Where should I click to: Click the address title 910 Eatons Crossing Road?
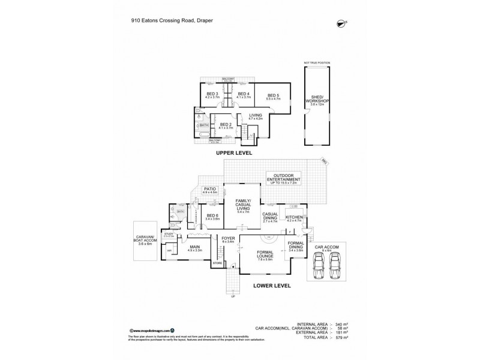coord(173,19)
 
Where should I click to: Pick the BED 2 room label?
coord(225,125)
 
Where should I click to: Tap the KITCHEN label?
coord(293,217)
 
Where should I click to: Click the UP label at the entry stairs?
coord(233,296)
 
